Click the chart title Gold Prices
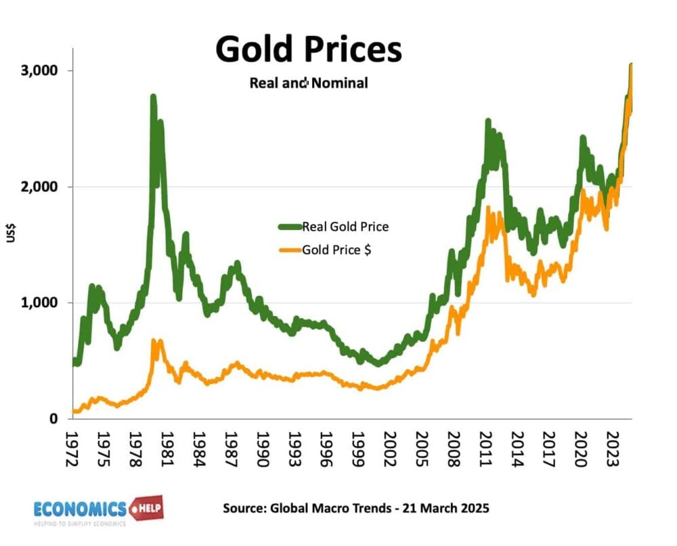[x=308, y=49]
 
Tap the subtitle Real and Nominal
[x=308, y=83]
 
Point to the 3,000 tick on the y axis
[x=39, y=70]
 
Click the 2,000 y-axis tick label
[x=39, y=187]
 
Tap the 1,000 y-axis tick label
[x=39, y=302]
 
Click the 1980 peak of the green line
[x=153, y=98]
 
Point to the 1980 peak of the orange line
[x=154, y=342]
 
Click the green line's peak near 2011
[x=487, y=122]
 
